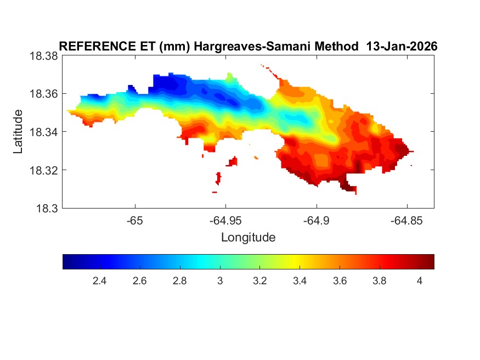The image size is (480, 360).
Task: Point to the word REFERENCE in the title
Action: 94,47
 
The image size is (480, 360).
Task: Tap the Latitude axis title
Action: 18,131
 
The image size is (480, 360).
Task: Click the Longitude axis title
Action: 248,238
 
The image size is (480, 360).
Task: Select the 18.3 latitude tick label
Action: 46,208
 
